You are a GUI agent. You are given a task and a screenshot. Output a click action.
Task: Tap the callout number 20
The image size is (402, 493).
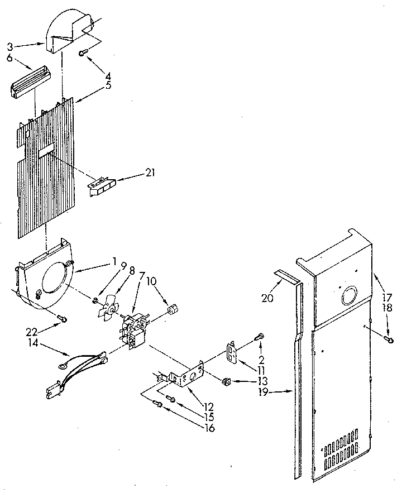(267, 298)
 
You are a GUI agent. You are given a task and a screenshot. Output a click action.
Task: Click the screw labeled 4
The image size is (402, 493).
(84, 52)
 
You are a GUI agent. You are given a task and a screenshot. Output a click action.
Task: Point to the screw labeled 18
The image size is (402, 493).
(390, 338)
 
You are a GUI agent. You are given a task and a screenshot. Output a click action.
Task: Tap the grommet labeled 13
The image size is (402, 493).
(227, 381)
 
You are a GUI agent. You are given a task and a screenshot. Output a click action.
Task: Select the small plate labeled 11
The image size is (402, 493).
(232, 352)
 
